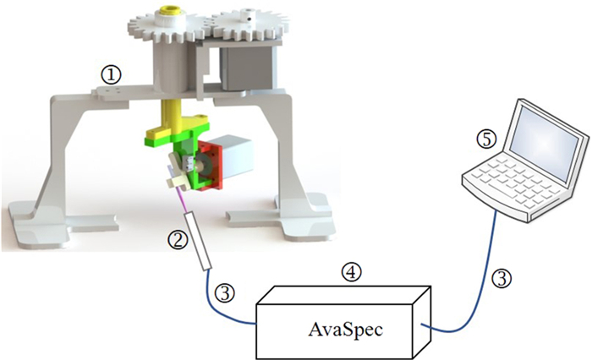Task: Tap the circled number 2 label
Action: [x=178, y=240]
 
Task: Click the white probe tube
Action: [x=199, y=241]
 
